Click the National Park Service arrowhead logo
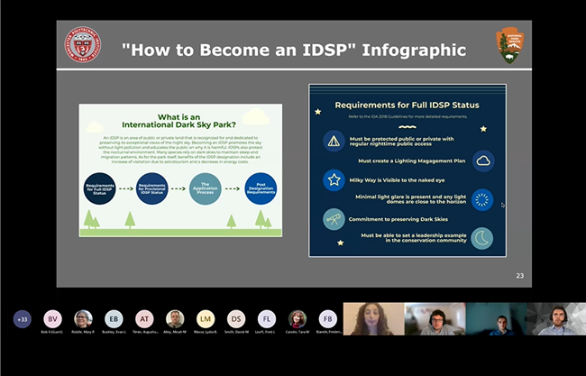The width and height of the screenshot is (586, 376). click(x=508, y=45)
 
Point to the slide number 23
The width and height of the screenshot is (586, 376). click(x=519, y=276)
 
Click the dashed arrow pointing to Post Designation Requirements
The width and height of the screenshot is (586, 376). click(x=232, y=188)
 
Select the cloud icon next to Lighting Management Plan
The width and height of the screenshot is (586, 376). click(x=483, y=160)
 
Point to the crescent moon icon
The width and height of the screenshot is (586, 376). click(x=483, y=237)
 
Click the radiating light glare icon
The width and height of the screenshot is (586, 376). click(x=483, y=199)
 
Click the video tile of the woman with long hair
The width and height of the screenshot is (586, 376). click(x=371, y=319)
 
